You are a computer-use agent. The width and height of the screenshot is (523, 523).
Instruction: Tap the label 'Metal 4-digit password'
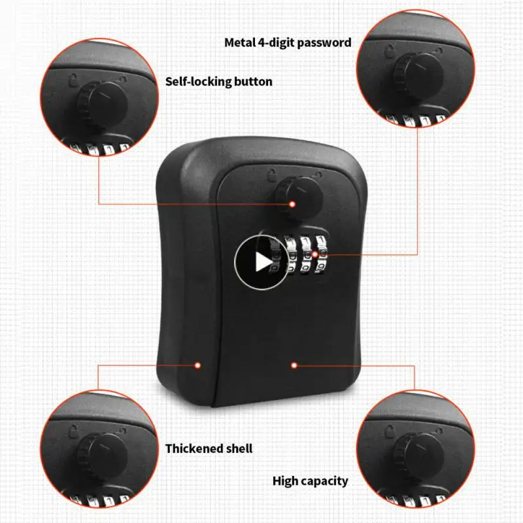tap(288, 42)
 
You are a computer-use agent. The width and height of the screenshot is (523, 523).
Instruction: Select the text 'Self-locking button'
tap(218, 82)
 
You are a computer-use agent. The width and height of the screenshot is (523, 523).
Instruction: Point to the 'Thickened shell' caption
tap(209, 448)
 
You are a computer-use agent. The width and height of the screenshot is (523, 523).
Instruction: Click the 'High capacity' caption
tap(310, 481)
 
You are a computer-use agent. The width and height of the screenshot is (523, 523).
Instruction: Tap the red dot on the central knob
tap(292, 204)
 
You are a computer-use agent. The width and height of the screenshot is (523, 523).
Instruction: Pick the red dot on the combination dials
tap(314, 254)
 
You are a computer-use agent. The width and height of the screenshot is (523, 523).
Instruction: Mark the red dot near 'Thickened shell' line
tap(198, 365)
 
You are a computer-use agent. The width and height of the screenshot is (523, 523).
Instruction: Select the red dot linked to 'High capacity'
tap(294, 365)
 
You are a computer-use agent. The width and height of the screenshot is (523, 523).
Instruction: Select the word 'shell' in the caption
tap(238, 448)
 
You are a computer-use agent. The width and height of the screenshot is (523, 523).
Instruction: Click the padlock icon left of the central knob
tap(270, 174)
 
